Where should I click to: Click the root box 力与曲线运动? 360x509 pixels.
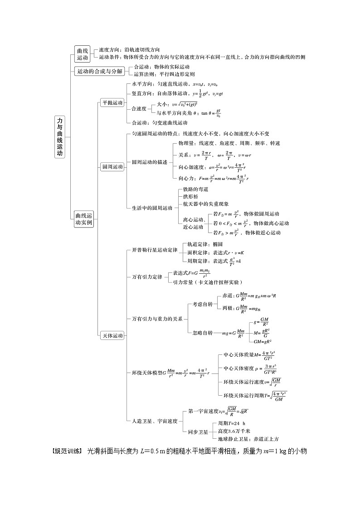coord(60,136)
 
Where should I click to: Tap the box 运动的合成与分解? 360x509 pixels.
coord(99,71)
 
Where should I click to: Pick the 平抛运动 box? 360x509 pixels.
coord(112,103)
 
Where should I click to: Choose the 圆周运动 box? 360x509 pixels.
coord(112,167)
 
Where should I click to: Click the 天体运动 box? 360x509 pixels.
coord(112,336)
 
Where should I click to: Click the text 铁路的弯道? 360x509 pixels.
coord(195,189)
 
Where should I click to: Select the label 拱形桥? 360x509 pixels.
coord(190,197)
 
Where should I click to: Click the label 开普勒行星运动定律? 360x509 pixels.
coord(155,250)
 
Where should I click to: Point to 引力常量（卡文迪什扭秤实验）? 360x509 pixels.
coord(205,281)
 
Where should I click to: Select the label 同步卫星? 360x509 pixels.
coord(198,431)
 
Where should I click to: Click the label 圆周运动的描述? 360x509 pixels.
coord(150,162)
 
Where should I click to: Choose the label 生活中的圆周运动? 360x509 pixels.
coord(152,208)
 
